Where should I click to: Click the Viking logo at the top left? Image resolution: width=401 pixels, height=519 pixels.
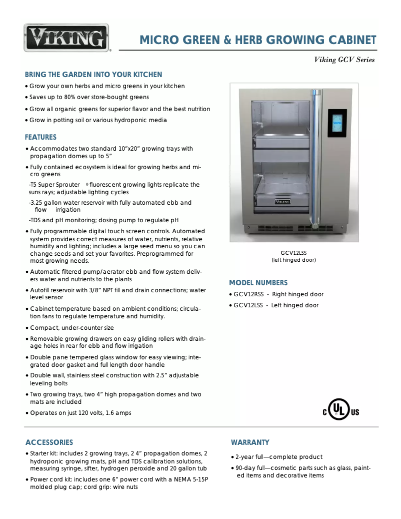point(66,38)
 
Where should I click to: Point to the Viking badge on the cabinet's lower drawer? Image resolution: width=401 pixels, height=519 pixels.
point(282,202)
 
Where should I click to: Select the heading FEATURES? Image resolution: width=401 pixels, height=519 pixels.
point(40,137)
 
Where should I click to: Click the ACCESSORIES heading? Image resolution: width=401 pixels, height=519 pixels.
point(49,442)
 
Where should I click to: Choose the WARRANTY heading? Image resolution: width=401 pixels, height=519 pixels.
point(250,442)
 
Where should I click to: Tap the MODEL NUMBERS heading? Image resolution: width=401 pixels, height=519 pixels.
point(258,283)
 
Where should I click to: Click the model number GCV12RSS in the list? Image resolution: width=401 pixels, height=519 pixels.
point(248,294)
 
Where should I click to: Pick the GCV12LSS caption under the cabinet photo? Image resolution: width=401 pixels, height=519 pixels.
point(293,253)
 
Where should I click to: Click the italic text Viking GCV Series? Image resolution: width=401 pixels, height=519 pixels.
point(344,60)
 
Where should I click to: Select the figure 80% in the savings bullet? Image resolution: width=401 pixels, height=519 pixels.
point(67,97)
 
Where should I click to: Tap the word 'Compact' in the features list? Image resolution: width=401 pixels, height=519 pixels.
point(44,328)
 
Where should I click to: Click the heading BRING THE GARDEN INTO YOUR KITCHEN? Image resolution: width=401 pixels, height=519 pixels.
point(93,75)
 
